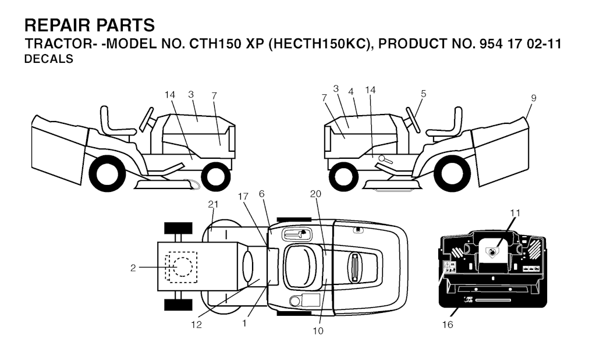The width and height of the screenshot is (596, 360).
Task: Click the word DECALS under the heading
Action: (49, 59)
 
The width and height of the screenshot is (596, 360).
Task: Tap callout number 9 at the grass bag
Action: (534, 98)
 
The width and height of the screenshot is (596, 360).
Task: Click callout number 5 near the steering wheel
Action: (424, 94)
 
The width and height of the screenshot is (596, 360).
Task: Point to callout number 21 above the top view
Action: (213, 204)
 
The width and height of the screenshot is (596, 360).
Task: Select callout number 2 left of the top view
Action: (133, 268)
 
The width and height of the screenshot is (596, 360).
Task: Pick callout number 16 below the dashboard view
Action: (448, 325)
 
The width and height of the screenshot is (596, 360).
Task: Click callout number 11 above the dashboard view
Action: (515, 213)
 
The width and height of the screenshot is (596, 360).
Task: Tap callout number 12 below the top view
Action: (197, 325)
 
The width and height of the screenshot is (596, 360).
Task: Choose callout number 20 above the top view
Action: (315, 194)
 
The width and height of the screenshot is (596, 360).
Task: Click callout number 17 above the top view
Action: (243, 197)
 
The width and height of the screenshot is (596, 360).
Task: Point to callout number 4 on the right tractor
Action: (351, 91)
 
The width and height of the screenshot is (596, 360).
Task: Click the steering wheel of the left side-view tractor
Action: (147, 119)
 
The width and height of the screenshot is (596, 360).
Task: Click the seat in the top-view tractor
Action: (301, 267)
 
